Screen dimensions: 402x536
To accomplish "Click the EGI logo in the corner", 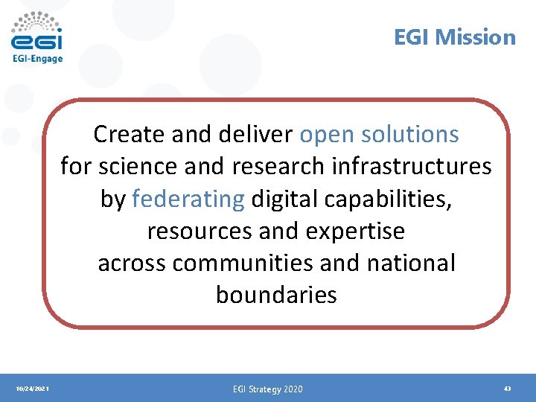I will pos(36,33).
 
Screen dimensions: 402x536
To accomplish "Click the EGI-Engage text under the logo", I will pos(37,59).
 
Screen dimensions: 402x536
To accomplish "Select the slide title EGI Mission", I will pos(454,37).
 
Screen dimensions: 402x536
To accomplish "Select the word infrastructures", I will pos(412,167).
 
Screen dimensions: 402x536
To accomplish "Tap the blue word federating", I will pos(188,199).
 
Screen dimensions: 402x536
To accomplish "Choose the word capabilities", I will pos(388,199).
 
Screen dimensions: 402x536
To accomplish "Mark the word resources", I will pos(200,232).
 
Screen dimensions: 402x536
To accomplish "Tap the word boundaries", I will pos(276,296).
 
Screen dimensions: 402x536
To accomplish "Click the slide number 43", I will pos(507,388).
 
